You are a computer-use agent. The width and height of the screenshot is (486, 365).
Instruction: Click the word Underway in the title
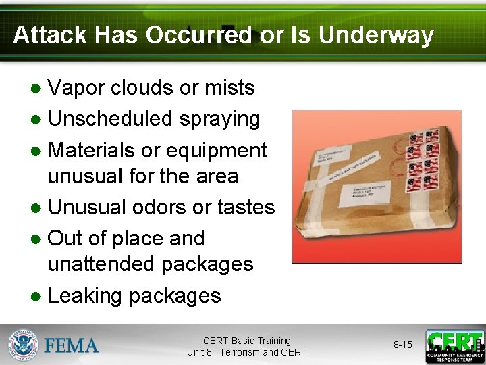(x=376, y=34)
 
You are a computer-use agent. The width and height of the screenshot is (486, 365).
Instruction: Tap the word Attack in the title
(x=51, y=34)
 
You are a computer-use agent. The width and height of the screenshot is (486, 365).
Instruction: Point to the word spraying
(x=220, y=119)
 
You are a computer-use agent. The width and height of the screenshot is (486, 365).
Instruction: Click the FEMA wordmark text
(x=72, y=345)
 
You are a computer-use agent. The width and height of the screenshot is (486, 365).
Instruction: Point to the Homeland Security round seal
(x=24, y=345)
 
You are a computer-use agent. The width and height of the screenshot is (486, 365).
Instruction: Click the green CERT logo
(x=454, y=346)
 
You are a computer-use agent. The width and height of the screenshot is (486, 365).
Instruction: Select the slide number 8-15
(x=402, y=345)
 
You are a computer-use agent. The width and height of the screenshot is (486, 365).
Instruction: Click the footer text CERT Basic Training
(x=246, y=341)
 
